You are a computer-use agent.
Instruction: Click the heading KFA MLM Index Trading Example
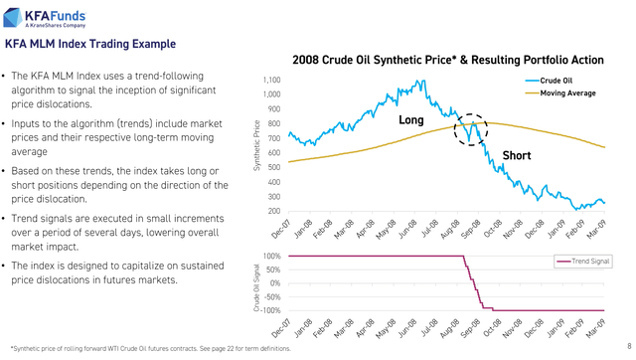coord(91,45)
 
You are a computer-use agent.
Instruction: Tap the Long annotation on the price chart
coord(411,120)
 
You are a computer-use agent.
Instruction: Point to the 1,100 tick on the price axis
coord(271,81)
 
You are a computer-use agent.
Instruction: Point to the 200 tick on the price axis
coord(274,211)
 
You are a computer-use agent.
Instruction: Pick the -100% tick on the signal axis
coord(269,310)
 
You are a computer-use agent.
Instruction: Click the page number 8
coord(627,346)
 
